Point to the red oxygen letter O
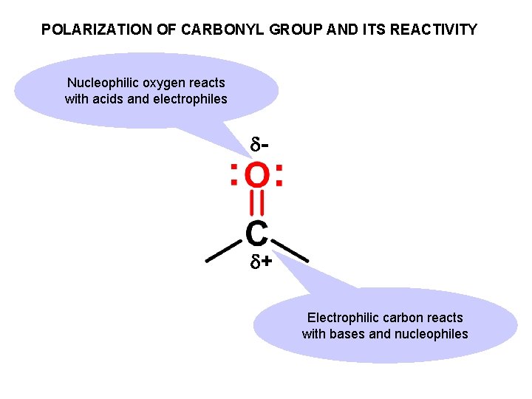256,176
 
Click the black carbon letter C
256,233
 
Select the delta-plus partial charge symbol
259,262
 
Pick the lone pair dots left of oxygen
233,176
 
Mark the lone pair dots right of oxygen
279,176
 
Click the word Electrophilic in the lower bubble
343,318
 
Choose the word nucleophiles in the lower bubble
431,334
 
